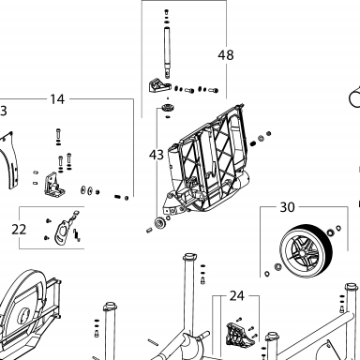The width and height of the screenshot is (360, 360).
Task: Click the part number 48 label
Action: [x=226, y=55]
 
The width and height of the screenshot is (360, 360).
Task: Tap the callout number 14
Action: [x=57, y=99]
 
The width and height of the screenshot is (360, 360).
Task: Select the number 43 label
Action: [x=157, y=155]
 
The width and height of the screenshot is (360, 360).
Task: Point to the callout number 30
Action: [x=287, y=207]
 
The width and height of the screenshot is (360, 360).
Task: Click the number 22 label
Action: [x=19, y=230]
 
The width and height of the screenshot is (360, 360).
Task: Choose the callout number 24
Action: [x=236, y=295]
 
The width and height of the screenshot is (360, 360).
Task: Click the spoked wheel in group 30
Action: [x=306, y=250]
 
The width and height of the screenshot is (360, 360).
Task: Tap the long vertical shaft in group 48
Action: [x=167, y=52]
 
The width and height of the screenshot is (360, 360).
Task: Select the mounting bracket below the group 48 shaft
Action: [x=159, y=85]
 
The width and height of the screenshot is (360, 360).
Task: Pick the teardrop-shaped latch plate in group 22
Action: [x=63, y=232]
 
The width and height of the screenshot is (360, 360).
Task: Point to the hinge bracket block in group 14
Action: [x=54, y=186]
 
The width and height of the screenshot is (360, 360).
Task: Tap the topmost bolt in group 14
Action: [x=58, y=135]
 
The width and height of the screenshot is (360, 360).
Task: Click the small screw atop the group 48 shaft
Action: [x=166, y=12]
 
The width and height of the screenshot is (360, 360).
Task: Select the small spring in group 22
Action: [x=77, y=235]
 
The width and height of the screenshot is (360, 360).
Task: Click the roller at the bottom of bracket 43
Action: [x=160, y=224]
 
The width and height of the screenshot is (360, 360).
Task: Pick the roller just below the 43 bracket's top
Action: [x=168, y=109]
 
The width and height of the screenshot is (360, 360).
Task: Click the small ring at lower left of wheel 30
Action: [x=267, y=274]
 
